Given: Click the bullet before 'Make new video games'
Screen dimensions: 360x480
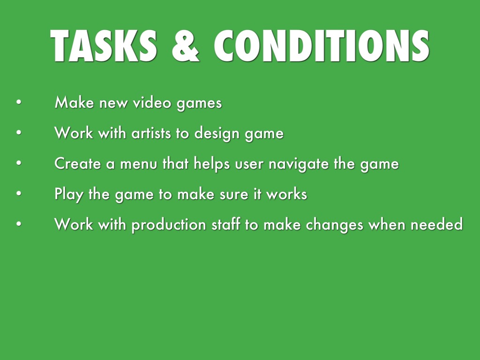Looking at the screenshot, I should pos(18,103).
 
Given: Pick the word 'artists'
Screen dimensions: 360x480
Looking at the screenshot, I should pos(151,133).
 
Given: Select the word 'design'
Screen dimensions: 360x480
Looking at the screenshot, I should pos(217,134).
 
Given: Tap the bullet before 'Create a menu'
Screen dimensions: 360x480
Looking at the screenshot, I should pos(18,164).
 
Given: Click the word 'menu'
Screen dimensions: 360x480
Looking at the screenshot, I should pos(139,164).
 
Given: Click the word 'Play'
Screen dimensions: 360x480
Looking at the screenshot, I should pos(69,195).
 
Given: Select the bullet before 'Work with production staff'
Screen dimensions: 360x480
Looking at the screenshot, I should pos(18,225).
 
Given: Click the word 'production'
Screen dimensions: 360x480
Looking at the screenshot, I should pos(168,225).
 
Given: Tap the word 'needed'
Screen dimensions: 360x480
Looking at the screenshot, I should pos(437,225).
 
